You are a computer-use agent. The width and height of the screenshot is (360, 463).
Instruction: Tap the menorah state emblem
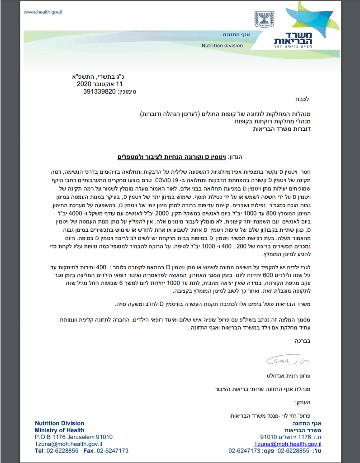(x=261, y=20)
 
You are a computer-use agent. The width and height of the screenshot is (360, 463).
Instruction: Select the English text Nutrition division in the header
(x=222, y=46)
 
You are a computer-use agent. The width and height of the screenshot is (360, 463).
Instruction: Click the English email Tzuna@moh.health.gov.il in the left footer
(x=65, y=444)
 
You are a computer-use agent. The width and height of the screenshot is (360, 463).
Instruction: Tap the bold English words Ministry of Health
(x=59, y=430)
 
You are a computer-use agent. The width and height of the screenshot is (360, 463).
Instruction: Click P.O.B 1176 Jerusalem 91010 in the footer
(x=74, y=437)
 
